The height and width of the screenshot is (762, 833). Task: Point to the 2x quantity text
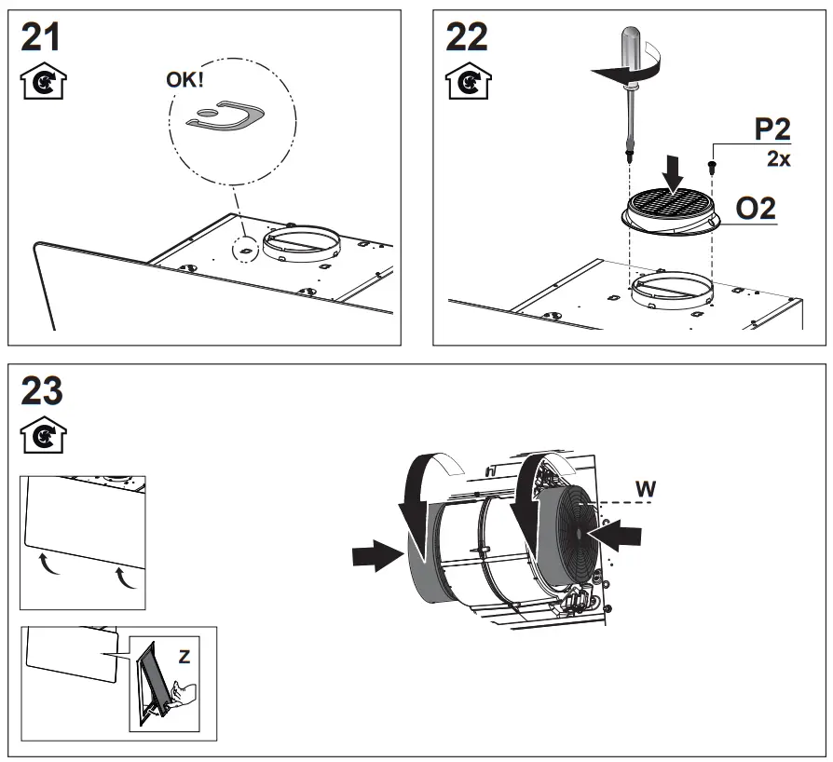pyautogui.click(x=778, y=159)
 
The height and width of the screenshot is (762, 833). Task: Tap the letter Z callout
pyautogui.click(x=184, y=657)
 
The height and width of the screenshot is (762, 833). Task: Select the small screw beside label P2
pyautogui.click(x=713, y=165)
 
